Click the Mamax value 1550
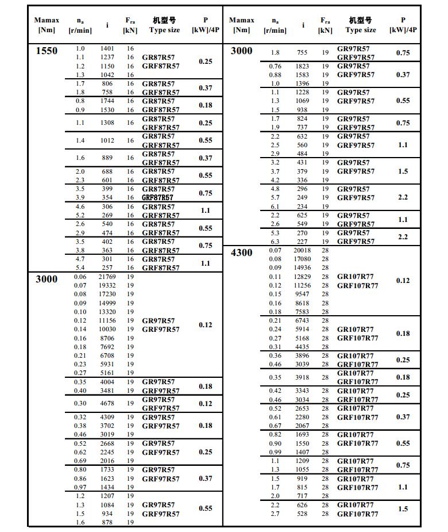[47, 51]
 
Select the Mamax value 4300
[241, 252]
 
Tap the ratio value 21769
[107, 277]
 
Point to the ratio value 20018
[302, 250]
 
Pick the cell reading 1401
[107, 48]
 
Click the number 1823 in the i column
[302, 66]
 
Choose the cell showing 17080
[302, 259]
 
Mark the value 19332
[107, 285]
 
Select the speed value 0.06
[80, 277]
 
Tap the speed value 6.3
[275, 242]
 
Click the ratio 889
[107, 158]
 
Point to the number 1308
[107, 123]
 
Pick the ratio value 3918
[302, 377]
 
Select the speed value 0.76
[275, 66]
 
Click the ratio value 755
[302, 52]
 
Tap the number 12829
[302, 277]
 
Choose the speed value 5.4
[80, 267]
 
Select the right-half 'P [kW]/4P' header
[403, 25]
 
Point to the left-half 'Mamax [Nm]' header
[47, 25]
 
